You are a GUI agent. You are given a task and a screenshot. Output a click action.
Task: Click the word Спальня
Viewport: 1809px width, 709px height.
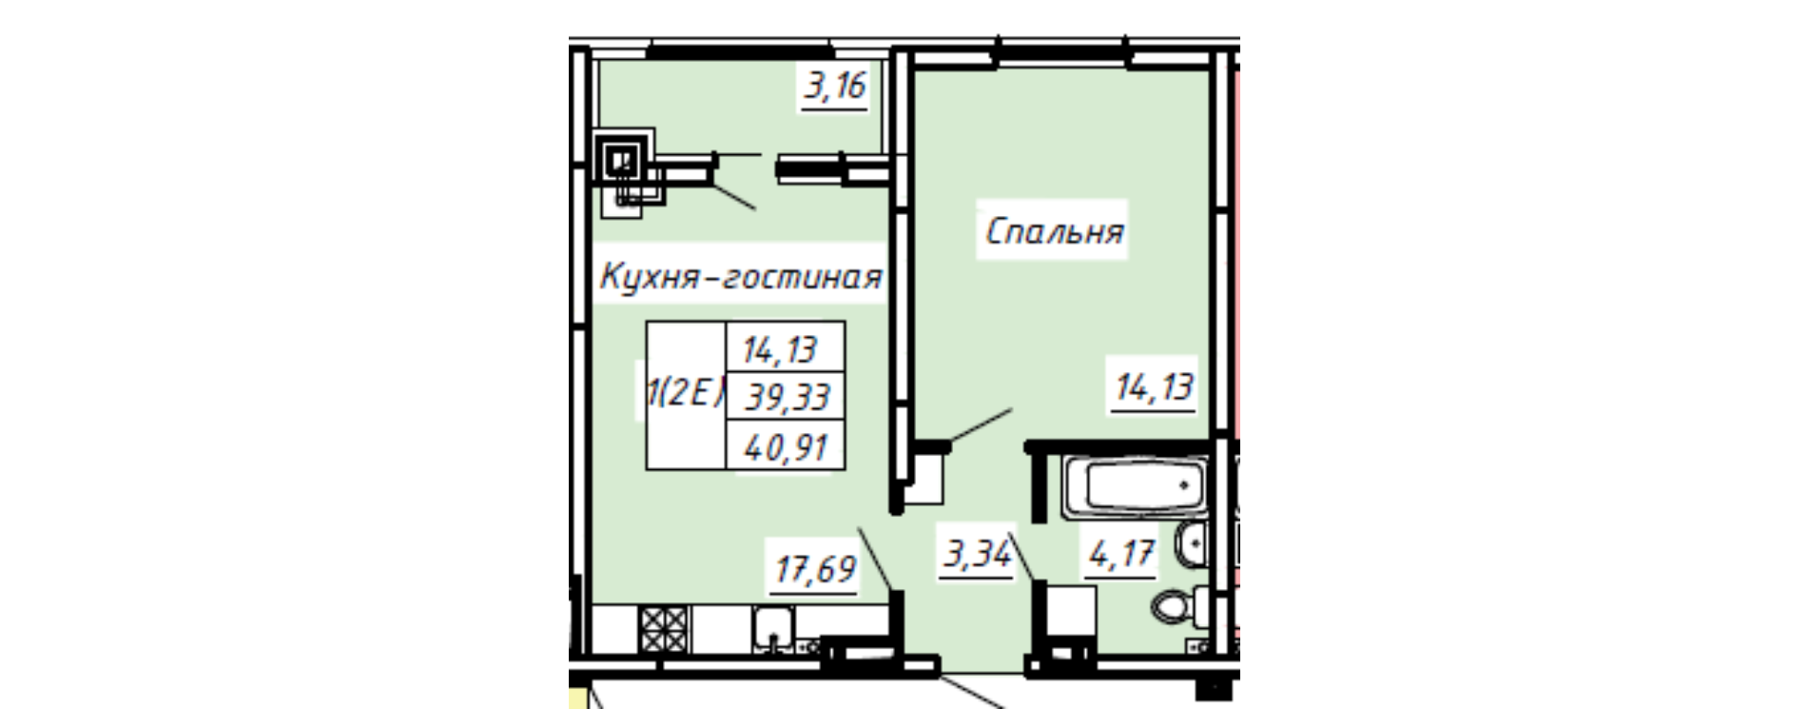click(1054, 231)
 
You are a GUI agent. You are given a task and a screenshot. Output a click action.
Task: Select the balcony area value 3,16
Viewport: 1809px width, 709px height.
click(835, 88)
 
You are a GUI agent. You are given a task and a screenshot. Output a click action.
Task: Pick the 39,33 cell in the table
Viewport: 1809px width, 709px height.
click(786, 395)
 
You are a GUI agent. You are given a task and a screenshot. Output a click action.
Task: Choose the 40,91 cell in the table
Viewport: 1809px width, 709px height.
click(786, 445)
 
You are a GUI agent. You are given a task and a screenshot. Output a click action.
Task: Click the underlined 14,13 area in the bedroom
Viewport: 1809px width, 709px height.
click(1154, 388)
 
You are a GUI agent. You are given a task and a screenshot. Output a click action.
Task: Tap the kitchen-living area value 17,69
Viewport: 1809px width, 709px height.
click(815, 571)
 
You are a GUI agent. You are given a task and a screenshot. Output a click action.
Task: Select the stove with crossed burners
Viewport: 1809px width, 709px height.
click(663, 629)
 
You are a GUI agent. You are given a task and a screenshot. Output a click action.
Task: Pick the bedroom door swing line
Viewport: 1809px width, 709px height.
click(982, 425)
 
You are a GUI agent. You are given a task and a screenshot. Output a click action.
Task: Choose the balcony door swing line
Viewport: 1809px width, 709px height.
click(734, 195)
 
